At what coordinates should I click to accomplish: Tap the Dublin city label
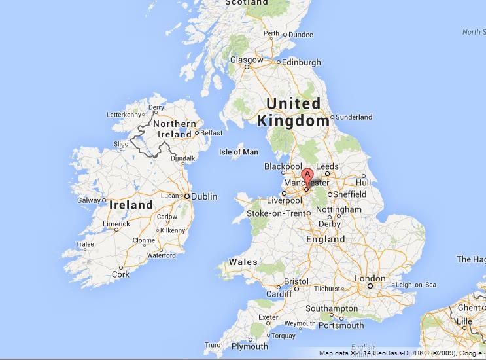pyautogui.click(x=204, y=196)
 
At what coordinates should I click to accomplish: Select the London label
pyautogui.click(x=370, y=278)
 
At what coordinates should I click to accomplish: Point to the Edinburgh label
pyautogui.click(x=301, y=62)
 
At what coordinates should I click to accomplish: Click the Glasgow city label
pyautogui.click(x=247, y=60)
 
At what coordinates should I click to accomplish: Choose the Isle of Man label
pyautogui.click(x=238, y=152)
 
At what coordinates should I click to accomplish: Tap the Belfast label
pyautogui.click(x=212, y=132)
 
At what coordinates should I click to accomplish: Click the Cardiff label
pyautogui.click(x=279, y=294)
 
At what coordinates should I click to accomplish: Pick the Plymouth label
pyautogui.click(x=250, y=346)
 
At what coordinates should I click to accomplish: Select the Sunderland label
pyautogui.click(x=354, y=117)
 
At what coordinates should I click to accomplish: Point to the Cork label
pyautogui.click(x=120, y=275)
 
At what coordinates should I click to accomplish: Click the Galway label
pyautogui.click(x=89, y=200)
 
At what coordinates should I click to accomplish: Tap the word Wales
pyautogui.click(x=243, y=262)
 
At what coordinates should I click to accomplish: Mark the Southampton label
pyautogui.click(x=330, y=308)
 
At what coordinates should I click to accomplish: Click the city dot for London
pyautogui.click(x=370, y=286)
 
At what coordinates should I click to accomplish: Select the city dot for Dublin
pyautogui.click(x=186, y=196)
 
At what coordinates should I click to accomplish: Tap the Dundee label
pyautogui.click(x=301, y=35)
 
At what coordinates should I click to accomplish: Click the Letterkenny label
pyautogui.click(x=124, y=115)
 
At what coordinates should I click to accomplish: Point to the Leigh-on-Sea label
pyautogui.click(x=416, y=285)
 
